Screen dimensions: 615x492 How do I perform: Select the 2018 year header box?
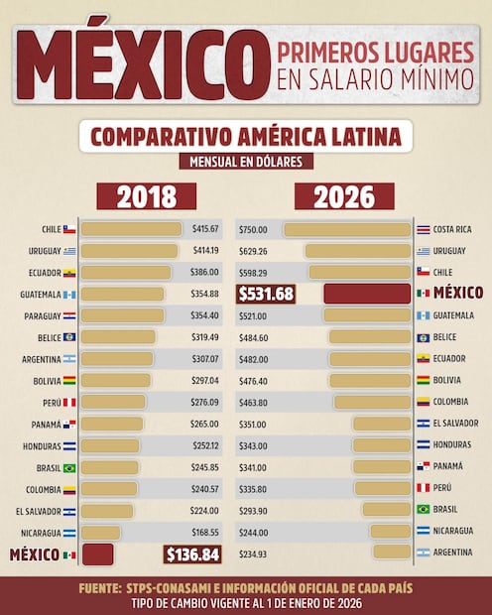(146, 196)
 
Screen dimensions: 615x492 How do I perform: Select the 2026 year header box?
(344, 196)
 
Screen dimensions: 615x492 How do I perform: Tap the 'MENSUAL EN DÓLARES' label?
(245, 161)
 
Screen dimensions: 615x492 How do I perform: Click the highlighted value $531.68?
(266, 294)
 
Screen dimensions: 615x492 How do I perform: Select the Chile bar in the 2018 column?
(131, 229)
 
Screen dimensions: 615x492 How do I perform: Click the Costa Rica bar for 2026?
(346, 229)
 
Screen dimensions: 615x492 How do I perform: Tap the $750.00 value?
(254, 229)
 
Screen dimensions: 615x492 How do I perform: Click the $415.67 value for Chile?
(205, 229)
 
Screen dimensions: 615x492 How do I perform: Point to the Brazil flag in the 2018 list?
(69, 468)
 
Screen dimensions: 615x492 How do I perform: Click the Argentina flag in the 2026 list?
(424, 553)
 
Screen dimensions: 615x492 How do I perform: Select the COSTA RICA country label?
(452, 229)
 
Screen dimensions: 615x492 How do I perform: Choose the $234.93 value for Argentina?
(254, 553)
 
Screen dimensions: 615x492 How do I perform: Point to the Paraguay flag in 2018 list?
(69, 316)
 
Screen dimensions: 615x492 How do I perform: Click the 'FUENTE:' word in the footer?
(100, 588)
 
